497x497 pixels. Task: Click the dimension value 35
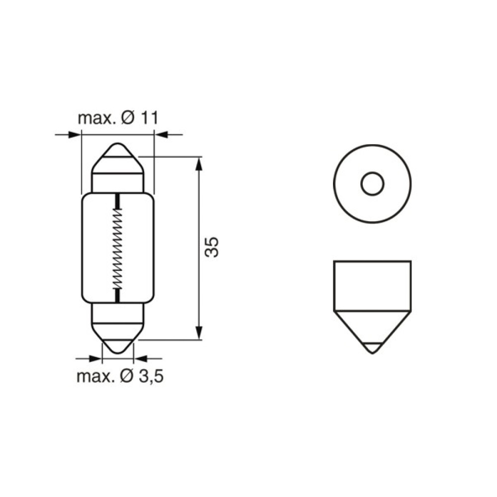(212, 247)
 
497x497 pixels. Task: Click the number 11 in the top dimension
(149, 118)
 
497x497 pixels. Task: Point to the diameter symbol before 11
(128, 118)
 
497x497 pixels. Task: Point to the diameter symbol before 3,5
(127, 376)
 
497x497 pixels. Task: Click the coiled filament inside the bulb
(118, 248)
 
